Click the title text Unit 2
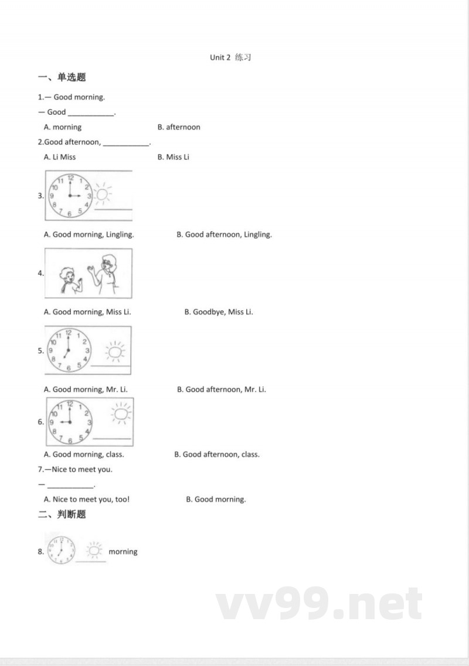220,57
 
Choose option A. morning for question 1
63,127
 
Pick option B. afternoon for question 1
179,127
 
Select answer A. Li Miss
60,157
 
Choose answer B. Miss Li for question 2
174,157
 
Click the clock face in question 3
70,196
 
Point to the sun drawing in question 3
103,194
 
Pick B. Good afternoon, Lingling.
224,234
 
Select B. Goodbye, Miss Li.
219,312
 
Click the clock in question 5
69,351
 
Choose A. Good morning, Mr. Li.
86,390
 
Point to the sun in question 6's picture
121,414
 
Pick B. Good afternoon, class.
216,454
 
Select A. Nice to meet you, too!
87,499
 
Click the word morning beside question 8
123,551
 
